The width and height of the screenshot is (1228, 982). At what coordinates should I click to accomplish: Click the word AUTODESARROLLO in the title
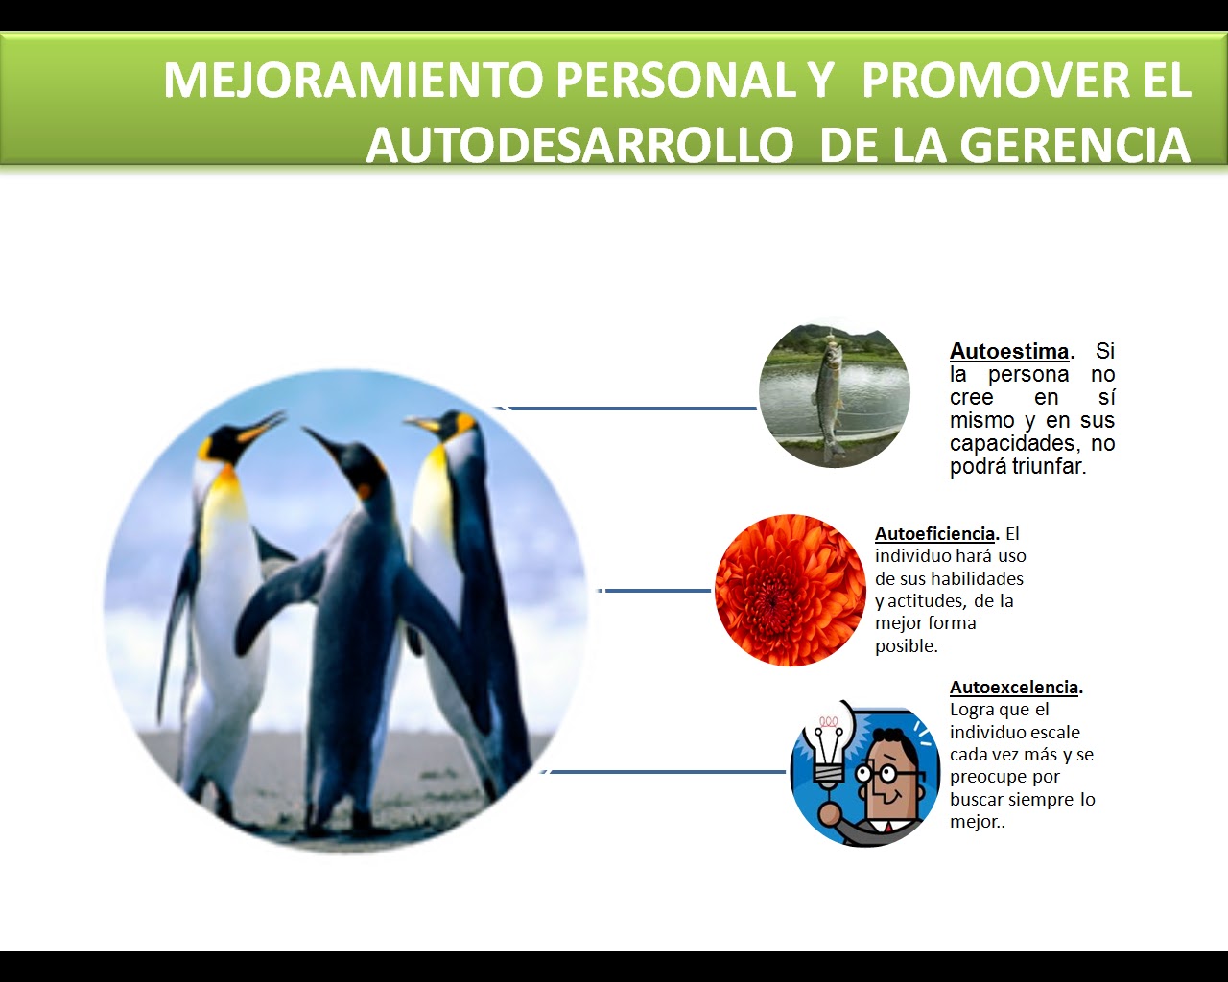click(x=579, y=146)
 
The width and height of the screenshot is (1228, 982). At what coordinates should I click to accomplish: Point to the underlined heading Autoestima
click(x=1008, y=351)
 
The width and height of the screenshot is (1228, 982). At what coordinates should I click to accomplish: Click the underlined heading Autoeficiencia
click(x=934, y=534)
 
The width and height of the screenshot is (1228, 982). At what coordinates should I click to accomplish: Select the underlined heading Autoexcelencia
click(x=1013, y=688)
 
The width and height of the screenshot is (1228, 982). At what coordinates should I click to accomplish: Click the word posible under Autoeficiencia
click(x=905, y=646)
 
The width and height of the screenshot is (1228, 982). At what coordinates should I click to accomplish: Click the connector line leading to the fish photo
click(x=633, y=409)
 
